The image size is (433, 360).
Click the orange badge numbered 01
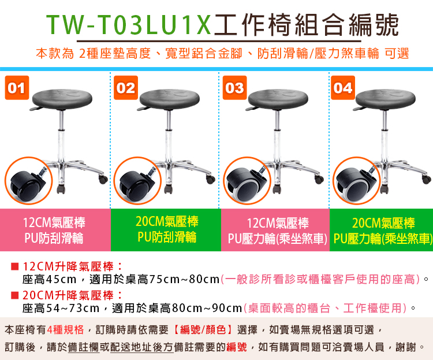(17, 88)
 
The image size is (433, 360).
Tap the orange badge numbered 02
(126, 88)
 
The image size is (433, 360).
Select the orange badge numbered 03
(234, 88)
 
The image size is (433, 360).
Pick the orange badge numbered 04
(343, 88)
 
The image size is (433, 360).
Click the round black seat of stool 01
(62, 99)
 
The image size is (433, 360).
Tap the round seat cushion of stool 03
(278, 99)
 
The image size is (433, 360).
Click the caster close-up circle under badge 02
(137, 181)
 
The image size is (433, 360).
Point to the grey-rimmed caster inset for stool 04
(357, 181)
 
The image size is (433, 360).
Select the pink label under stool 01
(55, 230)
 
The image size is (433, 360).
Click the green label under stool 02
(166, 230)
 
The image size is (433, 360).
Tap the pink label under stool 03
(275, 230)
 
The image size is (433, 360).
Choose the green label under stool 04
(382, 230)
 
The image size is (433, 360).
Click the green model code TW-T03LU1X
(129, 25)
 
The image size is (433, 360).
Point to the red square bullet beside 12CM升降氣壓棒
(14, 266)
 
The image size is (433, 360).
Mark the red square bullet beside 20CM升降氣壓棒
(14, 295)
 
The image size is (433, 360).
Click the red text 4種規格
(65, 329)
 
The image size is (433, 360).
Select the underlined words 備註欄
(84, 347)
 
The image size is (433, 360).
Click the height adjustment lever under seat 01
(38, 108)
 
